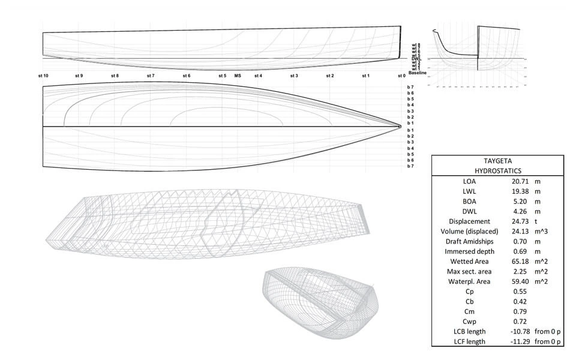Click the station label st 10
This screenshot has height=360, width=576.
pyautogui.click(x=43, y=76)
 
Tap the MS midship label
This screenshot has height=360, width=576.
pyautogui.click(x=238, y=76)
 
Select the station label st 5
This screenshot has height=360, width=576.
pyautogui.click(x=222, y=76)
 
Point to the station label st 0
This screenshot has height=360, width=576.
pyautogui.click(x=401, y=76)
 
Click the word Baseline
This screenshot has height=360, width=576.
pyautogui.click(x=418, y=72)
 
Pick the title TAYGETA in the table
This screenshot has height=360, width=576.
pyautogui.click(x=497, y=161)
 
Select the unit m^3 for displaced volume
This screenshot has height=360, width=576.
pyautogui.click(x=542, y=231)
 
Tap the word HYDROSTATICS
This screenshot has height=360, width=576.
pyautogui.click(x=497, y=170)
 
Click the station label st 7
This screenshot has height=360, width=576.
pyautogui.click(x=151, y=76)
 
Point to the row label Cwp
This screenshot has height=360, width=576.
pyautogui.click(x=469, y=321)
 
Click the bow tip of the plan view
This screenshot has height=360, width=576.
pyautogui.click(x=400, y=126)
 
